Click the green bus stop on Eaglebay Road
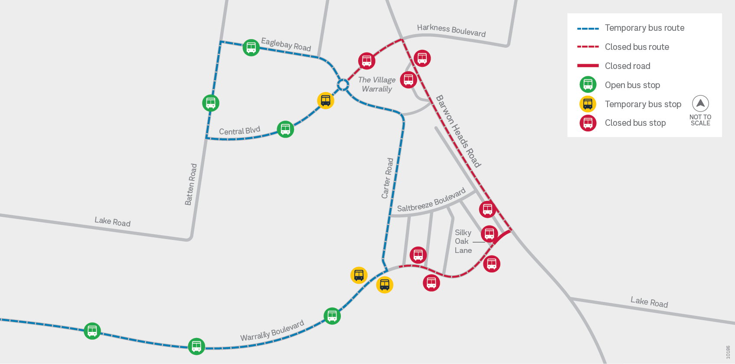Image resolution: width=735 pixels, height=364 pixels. click(251, 47)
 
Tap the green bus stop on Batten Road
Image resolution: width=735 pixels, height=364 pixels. click(211, 103)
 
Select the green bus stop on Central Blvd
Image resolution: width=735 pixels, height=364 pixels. click(285, 129)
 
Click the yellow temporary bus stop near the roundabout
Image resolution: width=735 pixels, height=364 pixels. click(326, 101)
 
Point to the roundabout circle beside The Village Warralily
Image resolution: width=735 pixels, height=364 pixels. click(343, 85)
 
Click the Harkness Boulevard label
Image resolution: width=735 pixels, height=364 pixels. click(451, 30)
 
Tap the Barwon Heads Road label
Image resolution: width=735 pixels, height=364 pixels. click(458, 131)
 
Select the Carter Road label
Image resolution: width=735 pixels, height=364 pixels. click(387, 178)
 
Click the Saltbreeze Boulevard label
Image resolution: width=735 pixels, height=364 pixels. click(431, 200)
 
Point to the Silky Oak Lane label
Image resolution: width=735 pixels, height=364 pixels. click(463, 241)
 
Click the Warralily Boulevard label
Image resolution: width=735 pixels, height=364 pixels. click(272, 331)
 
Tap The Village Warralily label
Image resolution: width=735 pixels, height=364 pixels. click(377, 84)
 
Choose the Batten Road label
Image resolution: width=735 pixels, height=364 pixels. click(191, 184)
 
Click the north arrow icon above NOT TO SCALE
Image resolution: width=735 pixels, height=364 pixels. click(700, 104)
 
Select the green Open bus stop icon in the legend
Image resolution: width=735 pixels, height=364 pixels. click(588, 85)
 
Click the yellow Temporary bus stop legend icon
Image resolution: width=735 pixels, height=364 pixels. click(588, 104)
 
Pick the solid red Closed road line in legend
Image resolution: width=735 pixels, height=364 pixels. click(588, 66)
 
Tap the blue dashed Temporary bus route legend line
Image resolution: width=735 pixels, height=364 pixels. click(588, 28)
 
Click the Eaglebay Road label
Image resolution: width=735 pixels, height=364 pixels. click(286, 44)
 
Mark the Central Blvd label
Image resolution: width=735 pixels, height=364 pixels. click(239, 131)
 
